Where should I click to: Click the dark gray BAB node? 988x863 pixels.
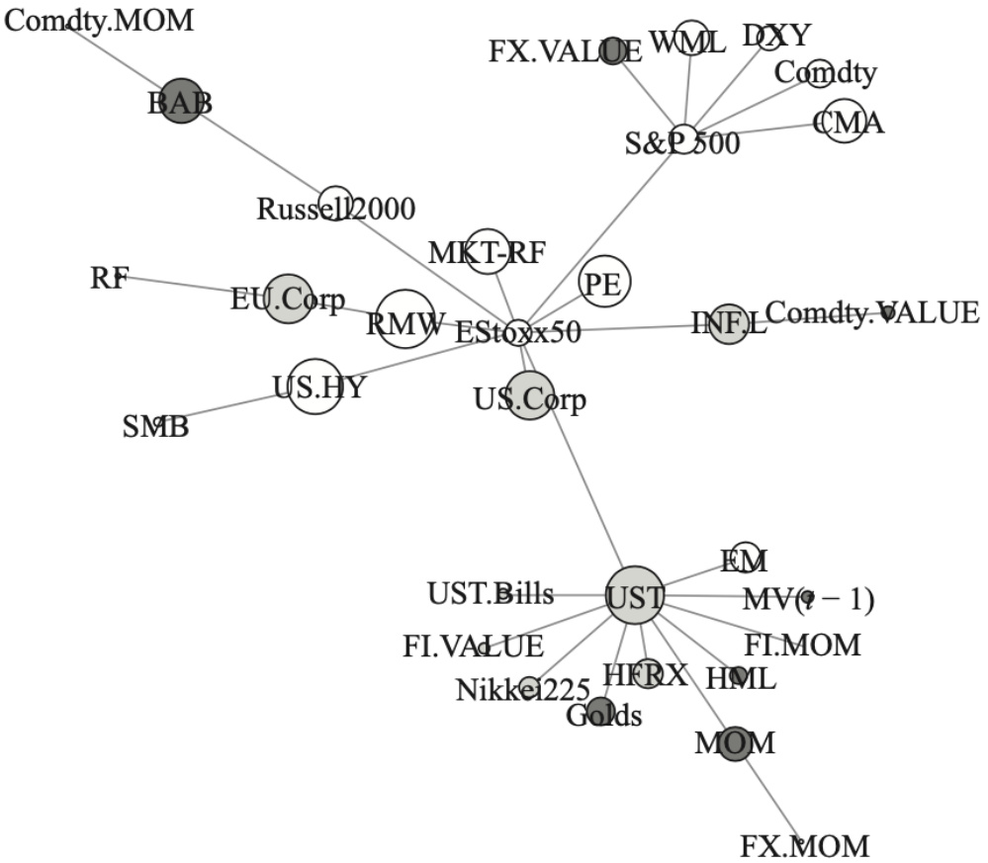tap(181, 101)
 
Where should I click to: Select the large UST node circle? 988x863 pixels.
tap(634, 595)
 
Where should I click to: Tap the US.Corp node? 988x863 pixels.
tap(529, 395)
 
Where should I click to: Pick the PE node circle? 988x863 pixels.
tap(603, 282)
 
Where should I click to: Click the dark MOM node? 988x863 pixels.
tap(734, 742)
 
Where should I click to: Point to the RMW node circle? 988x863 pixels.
tap(405, 318)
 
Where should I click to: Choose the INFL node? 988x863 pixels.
tap(729, 324)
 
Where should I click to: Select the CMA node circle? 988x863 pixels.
tap(844, 121)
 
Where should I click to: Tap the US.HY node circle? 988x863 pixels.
tap(315, 386)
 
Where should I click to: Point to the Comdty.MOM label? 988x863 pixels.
tap(99, 19)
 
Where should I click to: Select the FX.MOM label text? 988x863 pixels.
tap(804, 846)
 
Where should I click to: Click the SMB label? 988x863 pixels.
tap(155, 427)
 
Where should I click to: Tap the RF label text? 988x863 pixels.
tap(109, 279)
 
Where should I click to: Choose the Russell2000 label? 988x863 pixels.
tap(335, 209)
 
